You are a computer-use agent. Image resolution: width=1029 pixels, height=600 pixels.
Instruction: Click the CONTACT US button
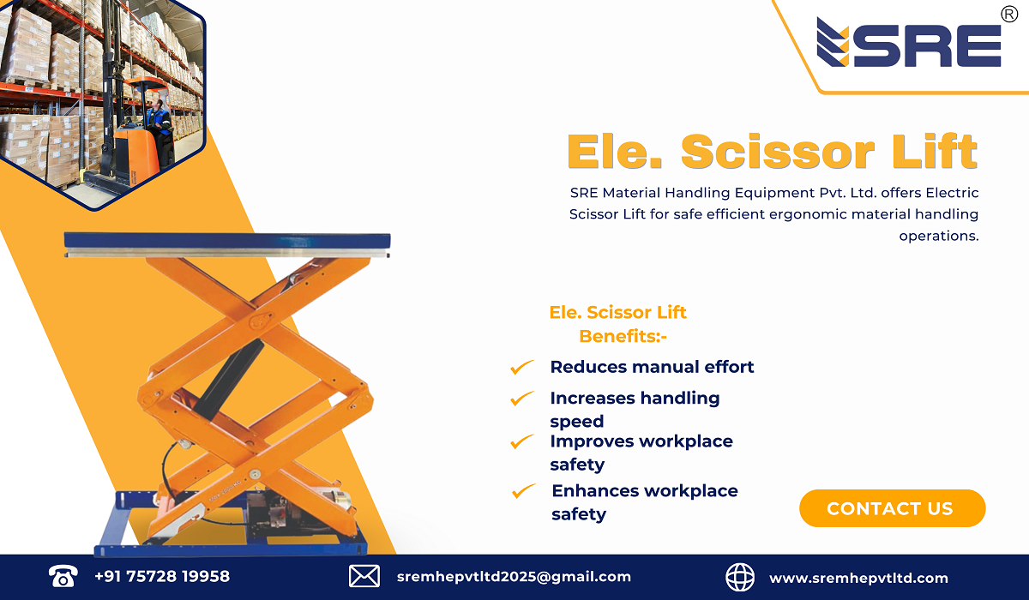pos(892,508)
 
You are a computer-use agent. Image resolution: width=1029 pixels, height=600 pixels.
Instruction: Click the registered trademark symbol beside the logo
pos(1009,14)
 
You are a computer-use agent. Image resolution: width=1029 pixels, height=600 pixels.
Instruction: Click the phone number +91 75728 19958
pos(162,577)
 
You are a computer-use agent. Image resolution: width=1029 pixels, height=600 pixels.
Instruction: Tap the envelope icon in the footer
pos(364,577)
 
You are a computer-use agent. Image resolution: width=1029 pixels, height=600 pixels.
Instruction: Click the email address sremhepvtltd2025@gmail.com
pos(514,577)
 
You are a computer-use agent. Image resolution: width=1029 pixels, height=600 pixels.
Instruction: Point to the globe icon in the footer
pos(740,577)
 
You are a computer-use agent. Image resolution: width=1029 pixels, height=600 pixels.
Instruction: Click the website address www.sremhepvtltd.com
pos(858,578)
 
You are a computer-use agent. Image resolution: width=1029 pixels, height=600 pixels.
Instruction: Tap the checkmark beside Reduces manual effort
pos(521,368)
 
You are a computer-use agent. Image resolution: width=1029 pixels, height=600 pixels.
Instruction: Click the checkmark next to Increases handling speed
pos(521,399)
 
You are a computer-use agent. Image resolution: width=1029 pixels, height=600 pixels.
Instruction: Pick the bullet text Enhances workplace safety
pos(644,502)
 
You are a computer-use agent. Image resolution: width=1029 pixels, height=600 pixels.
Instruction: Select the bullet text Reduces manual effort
pos(652,367)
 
